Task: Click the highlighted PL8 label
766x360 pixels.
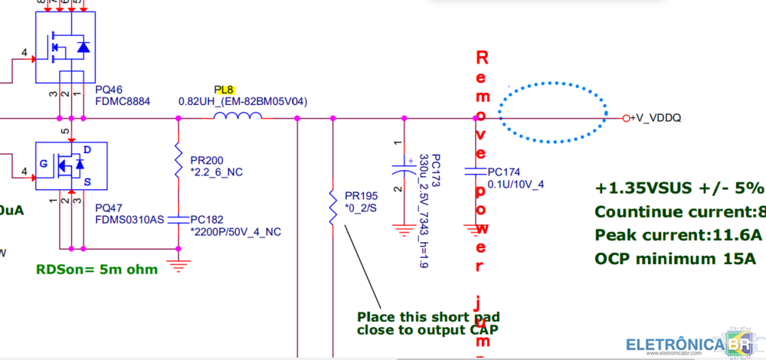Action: click(224, 90)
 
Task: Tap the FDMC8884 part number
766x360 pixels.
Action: click(123, 101)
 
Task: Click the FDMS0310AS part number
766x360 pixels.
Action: click(129, 219)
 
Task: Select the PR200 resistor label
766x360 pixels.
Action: click(207, 160)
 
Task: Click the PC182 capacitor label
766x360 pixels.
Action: click(207, 219)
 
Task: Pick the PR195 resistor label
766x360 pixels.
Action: click(361, 195)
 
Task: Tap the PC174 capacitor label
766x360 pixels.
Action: click(504, 172)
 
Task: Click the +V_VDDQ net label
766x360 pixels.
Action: click(656, 118)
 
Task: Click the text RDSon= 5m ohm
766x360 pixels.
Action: click(97, 269)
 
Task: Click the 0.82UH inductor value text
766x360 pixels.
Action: click(242, 101)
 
